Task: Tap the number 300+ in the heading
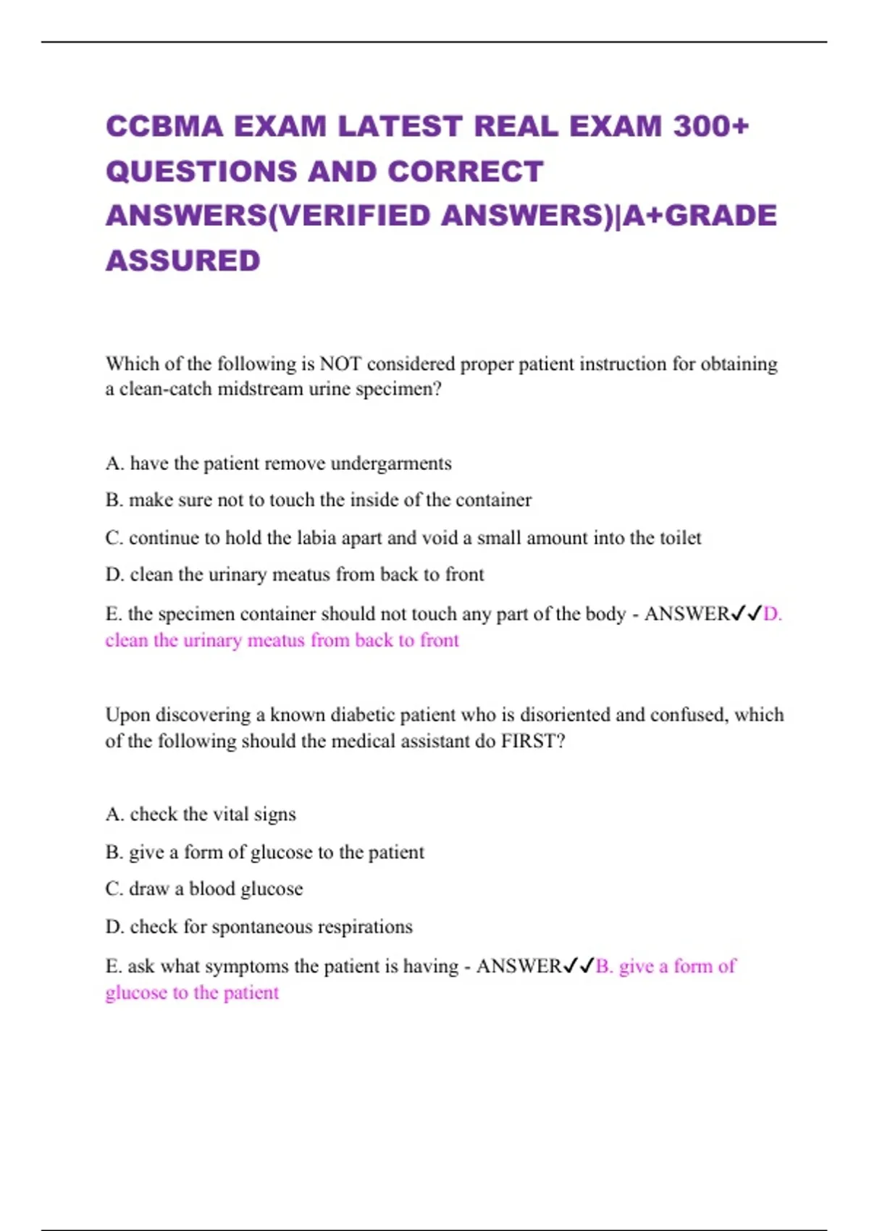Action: (x=711, y=127)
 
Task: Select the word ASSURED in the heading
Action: (x=183, y=261)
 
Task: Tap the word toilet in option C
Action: (x=681, y=538)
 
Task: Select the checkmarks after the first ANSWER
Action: (x=747, y=614)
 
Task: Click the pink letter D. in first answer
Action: (x=773, y=614)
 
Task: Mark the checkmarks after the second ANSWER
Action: (x=579, y=967)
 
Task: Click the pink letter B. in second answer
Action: (x=604, y=967)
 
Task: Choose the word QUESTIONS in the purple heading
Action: (x=201, y=172)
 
